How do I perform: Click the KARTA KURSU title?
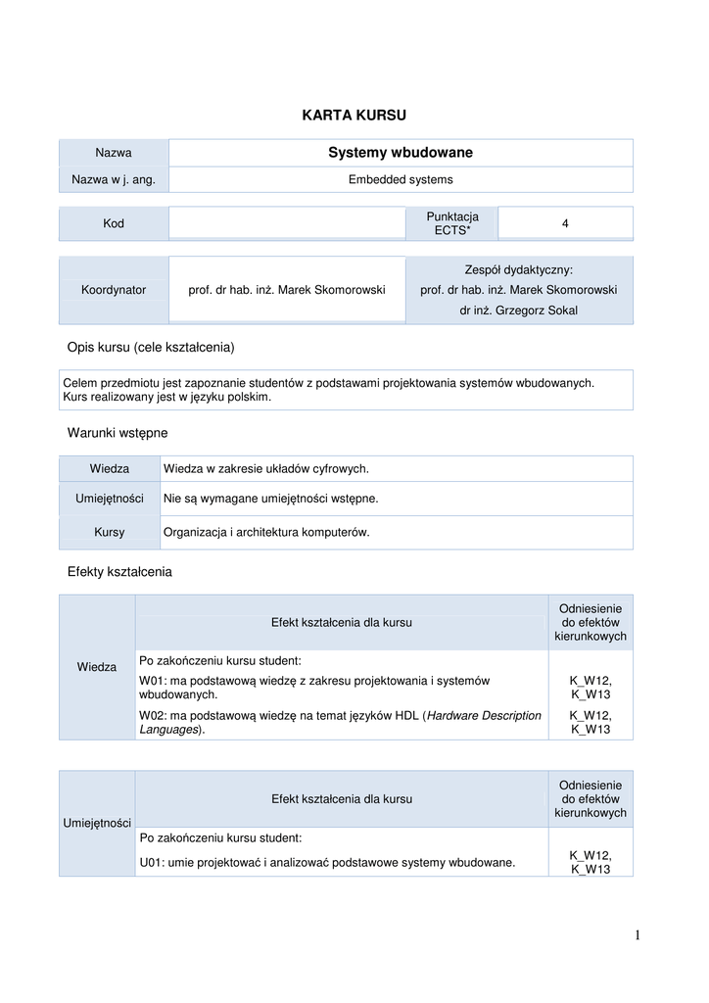pos(354,116)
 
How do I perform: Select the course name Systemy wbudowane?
pos(400,153)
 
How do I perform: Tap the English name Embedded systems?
pos(401,180)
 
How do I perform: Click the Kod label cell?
pos(114,224)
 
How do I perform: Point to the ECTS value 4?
pos(565,224)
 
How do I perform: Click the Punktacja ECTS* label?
pos(452,223)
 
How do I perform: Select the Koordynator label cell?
pos(114,290)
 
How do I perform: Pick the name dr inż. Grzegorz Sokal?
pos(518,310)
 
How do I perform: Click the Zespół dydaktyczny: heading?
pos(518,269)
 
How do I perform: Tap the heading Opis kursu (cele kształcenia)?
pos(151,348)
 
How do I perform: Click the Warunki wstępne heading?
pos(118,432)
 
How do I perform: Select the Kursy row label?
pos(110,533)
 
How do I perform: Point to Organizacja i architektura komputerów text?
pos(265,533)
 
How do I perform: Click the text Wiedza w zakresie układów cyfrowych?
pos(265,469)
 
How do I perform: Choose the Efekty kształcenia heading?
pos(119,572)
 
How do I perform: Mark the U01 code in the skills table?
pos(151,863)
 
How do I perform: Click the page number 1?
pos(637,936)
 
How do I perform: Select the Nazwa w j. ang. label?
pos(114,180)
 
